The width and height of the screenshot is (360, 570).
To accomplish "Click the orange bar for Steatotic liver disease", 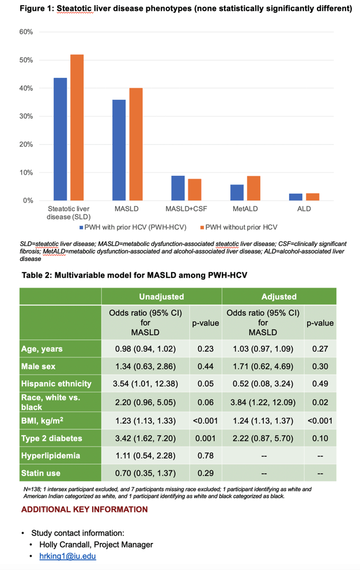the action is click(77, 127).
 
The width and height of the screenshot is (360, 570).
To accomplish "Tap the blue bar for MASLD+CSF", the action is click(178, 188).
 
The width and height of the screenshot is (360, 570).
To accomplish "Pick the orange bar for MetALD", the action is click(253, 188).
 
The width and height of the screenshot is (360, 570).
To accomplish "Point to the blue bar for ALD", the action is click(295, 197).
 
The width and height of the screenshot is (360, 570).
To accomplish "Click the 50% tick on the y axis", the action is click(26, 60).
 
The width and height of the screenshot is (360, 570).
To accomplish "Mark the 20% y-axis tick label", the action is click(26, 144).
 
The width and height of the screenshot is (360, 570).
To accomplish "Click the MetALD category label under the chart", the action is click(245, 209).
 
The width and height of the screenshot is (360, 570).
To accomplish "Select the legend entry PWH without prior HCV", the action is click(238, 227).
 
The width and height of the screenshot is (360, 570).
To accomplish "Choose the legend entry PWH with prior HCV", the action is click(133, 227).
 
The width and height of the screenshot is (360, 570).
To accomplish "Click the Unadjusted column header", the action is click(162, 297).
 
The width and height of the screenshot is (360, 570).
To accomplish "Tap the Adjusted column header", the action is click(279, 297).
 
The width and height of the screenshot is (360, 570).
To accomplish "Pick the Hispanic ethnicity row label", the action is click(56, 383).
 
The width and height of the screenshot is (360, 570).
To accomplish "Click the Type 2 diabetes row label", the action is click(52, 438).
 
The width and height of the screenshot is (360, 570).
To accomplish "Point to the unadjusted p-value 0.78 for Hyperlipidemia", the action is click(206, 455).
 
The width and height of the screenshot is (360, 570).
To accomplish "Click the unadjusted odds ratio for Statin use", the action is click(145, 473).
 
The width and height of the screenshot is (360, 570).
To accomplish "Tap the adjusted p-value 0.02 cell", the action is click(320, 402).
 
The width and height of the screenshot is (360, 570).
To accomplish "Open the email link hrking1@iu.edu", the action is click(67, 556).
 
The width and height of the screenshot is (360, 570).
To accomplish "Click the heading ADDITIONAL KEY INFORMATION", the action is click(84, 509).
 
